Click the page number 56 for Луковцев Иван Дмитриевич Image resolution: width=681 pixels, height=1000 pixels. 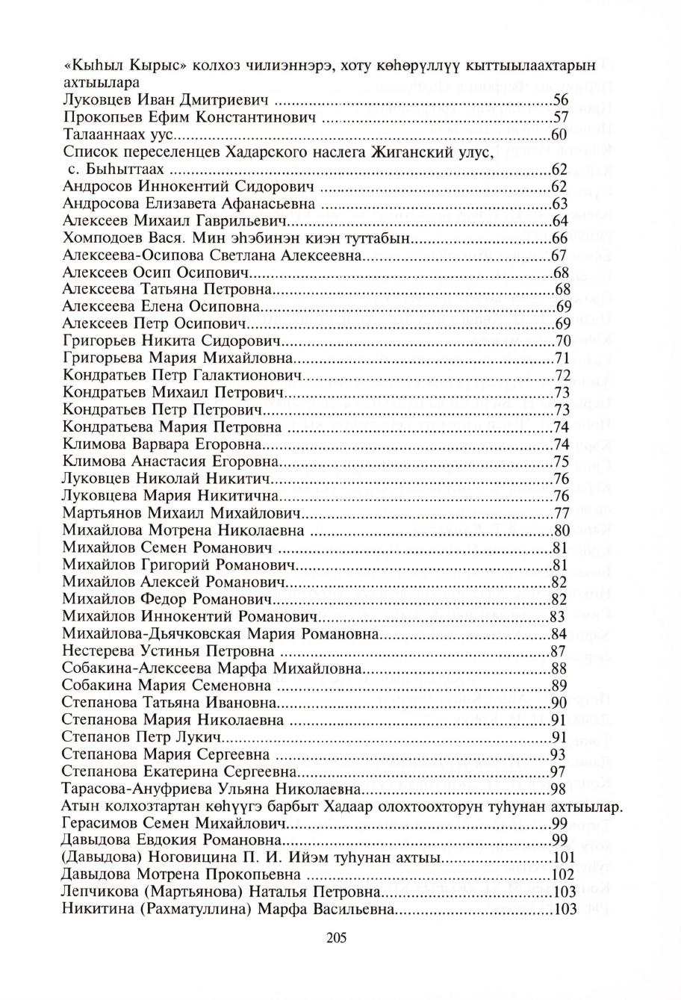[561, 100]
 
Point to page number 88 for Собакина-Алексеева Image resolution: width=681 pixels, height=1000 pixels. [559, 668]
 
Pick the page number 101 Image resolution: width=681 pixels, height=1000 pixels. [562, 857]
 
